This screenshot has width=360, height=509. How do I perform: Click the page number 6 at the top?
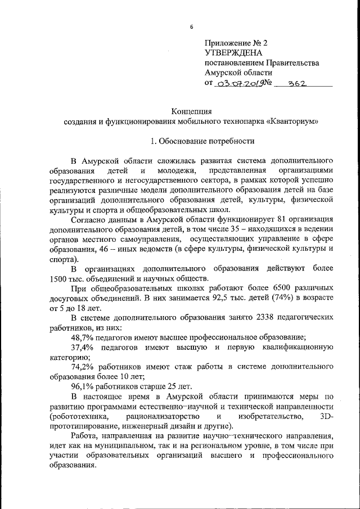(191, 27)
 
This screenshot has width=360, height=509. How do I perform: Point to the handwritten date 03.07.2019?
(243, 83)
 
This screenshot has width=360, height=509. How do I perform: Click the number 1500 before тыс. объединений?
(60, 279)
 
